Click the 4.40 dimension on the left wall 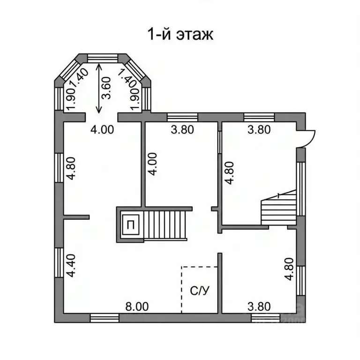click(x=70, y=266)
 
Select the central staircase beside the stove click(x=165, y=224)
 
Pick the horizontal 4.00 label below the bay click(x=102, y=130)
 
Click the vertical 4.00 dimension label click(x=153, y=164)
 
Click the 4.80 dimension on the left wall click(x=70, y=168)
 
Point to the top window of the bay click(x=103, y=57)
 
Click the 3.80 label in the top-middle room click(x=182, y=130)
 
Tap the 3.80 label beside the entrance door click(x=259, y=130)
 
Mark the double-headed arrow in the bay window click(x=98, y=88)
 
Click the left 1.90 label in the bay click(x=71, y=99)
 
